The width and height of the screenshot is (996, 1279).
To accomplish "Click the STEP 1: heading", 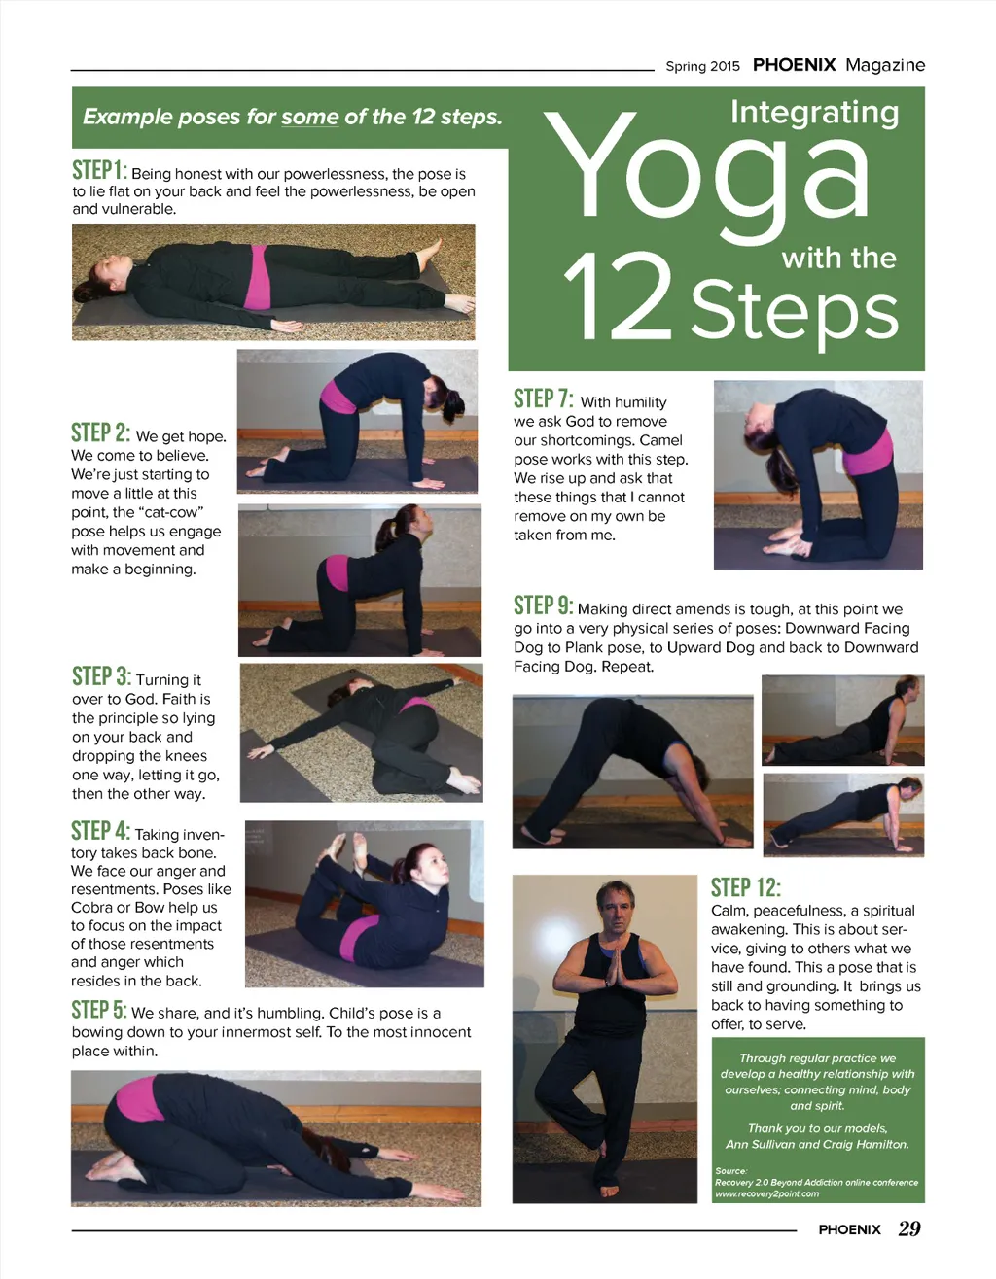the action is [99, 170].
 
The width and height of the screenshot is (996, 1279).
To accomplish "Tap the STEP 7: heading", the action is [543, 398].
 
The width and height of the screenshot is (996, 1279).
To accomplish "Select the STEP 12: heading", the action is [746, 887].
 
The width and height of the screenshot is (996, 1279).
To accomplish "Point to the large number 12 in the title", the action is [618, 297].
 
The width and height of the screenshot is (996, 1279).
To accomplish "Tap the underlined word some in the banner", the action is [310, 117].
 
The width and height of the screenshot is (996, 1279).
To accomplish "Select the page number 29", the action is [908, 1229].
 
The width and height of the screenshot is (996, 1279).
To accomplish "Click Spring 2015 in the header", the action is [702, 66].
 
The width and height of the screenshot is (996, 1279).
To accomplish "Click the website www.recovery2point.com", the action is [766, 1193].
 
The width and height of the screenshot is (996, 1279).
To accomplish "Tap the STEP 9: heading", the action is [543, 605].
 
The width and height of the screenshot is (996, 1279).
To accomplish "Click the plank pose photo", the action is [843, 814].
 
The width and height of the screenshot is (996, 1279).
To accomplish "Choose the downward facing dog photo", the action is [632, 771].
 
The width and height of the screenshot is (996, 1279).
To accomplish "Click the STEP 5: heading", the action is [99, 1009].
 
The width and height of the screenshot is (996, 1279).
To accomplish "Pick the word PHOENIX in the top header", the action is [794, 65].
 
